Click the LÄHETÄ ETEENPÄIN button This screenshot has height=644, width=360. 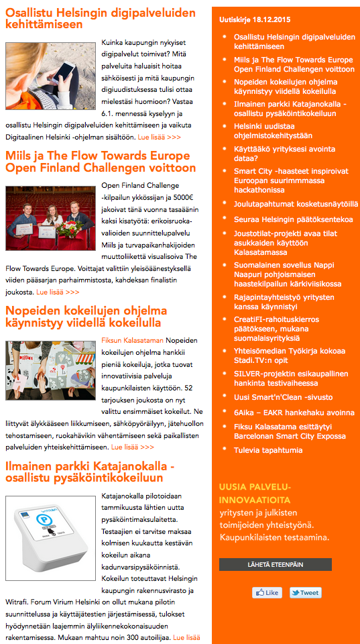coord(275,565)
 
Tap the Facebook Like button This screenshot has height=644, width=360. coord(267,593)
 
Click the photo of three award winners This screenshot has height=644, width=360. coord(51,218)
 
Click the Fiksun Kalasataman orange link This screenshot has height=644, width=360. coord(132,341)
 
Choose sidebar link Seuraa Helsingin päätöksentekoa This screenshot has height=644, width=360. coord(293,219)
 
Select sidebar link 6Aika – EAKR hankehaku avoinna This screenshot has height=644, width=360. coord(294,413)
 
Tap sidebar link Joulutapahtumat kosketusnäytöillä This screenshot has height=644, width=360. coord(296,203)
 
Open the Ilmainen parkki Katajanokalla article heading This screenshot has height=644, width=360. coord(90,472)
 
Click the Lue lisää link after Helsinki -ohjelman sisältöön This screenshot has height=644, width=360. coord(159,137)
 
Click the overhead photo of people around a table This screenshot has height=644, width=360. coord(51,372)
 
